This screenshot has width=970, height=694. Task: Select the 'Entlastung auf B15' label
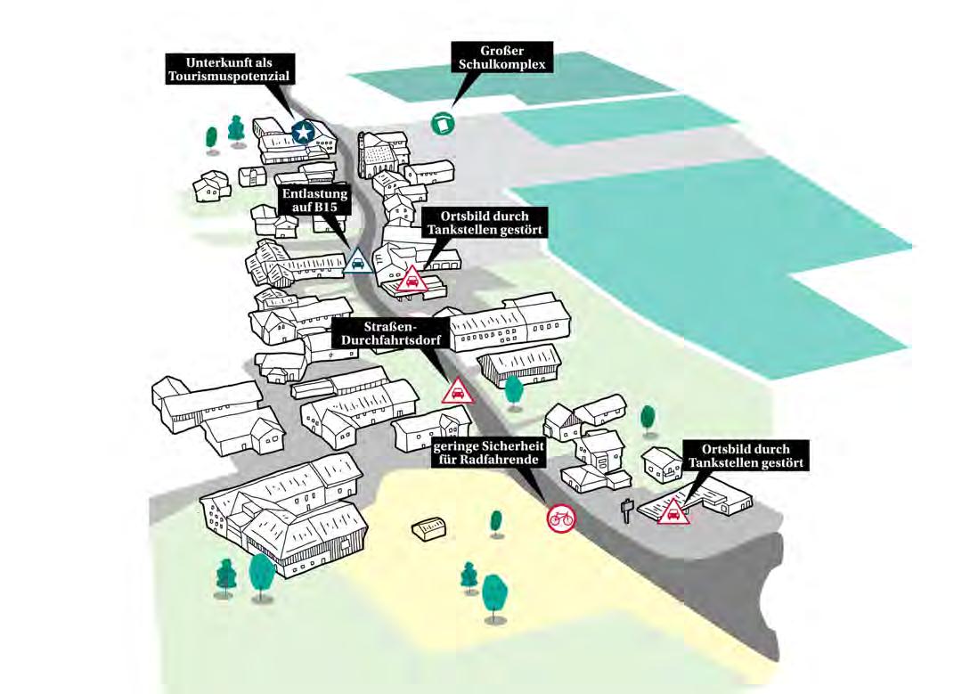click(x=314, y=200)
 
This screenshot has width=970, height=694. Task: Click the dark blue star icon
click(x=303, y=133)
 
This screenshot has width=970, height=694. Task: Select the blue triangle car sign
click(x=358, y=262)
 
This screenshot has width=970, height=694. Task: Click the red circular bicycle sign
click(x=561, y=517)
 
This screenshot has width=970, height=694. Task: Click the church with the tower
click(x=378, y=157)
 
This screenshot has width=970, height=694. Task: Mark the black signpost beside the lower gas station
click(x=627, y=510)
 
